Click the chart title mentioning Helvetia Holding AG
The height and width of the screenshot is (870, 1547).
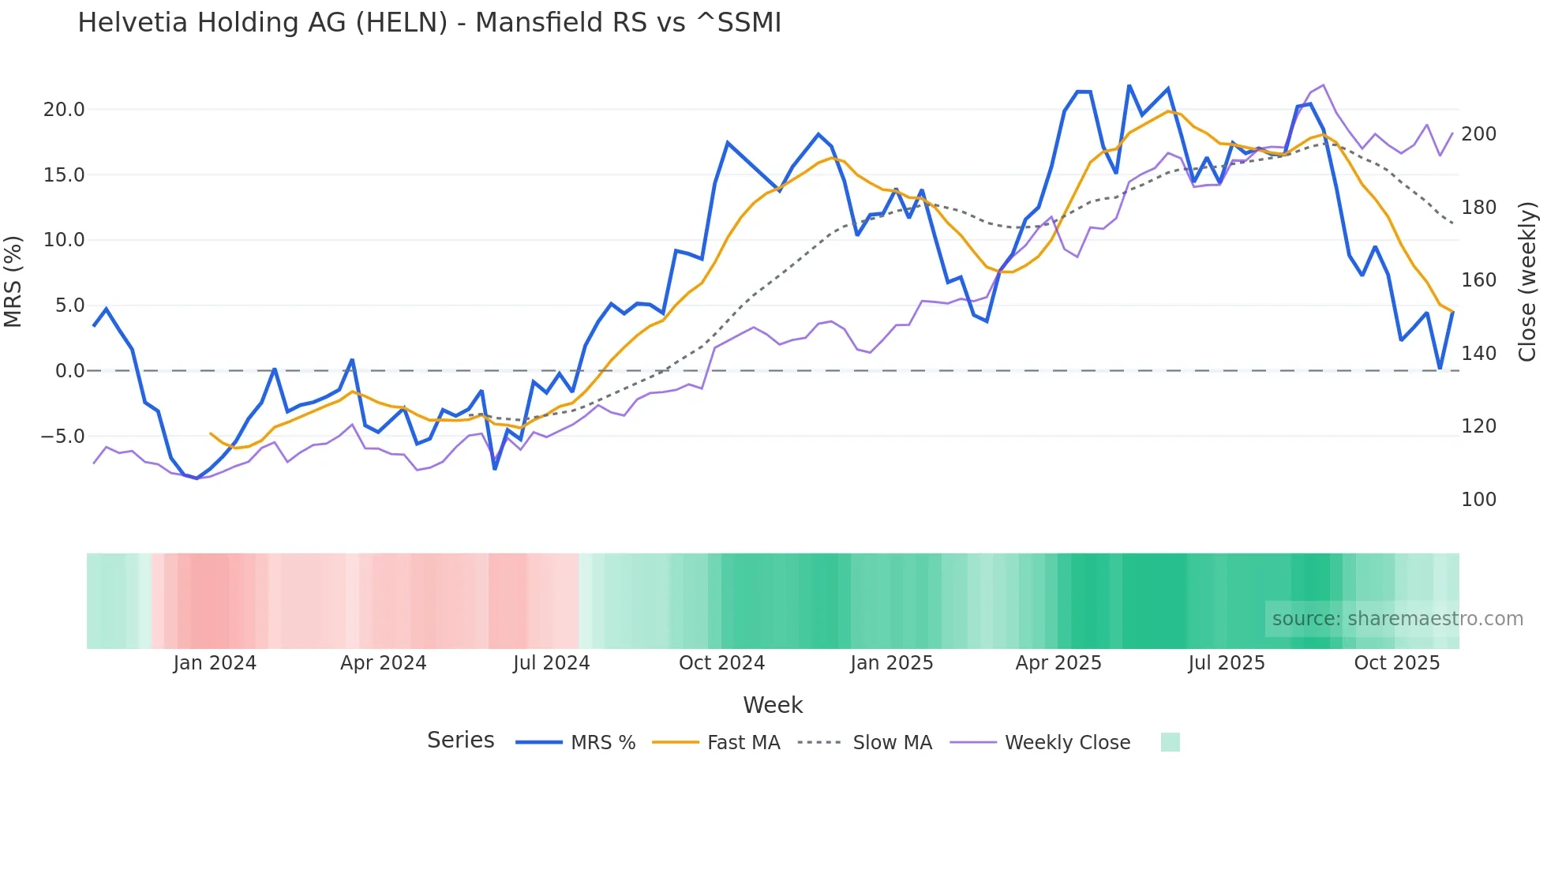pyautogui.click(x=429, y=23)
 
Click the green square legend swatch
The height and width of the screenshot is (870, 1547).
pyautogui.click(x=1170, y=742)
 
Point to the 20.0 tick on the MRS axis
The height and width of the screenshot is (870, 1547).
pyautogui.click(x=64, y=110)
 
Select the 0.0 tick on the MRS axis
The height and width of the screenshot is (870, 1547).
pyautogui.click(x=69, y=371)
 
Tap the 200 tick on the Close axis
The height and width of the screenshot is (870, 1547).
pyautogui.click(x=1478, y=134)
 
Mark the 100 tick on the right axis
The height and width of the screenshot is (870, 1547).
pyautogui.click(x=1478, y=500)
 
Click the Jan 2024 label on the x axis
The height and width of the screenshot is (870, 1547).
pyautogui.click(x=215, y=663)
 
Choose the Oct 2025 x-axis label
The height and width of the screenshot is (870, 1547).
pyautogui.click(x=1396, y=663)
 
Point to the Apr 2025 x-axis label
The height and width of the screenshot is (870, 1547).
pyautogui.click(x=1058, y=663)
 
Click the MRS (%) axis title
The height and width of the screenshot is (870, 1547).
pyautogui.click(x=13, y=281)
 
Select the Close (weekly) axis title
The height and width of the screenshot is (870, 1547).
pyautogui.click(x=1527, y=281)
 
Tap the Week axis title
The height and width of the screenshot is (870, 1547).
pyautogui.click(x=773, y=705)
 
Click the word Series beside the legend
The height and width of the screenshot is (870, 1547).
pyautogui.click(x=460, y=741)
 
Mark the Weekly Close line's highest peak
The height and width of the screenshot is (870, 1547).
pyautogui.click(x=1323, y=85)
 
